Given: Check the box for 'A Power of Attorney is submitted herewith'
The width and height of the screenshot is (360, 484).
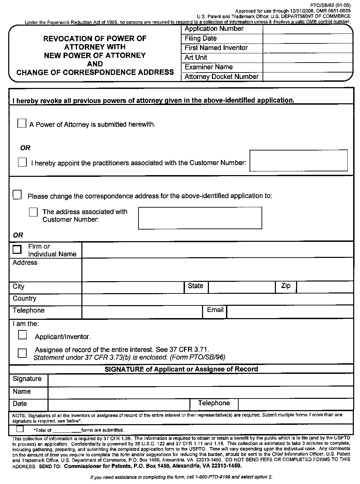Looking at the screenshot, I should pos(22,123).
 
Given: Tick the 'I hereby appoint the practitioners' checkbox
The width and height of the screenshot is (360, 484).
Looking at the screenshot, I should pos(22,162).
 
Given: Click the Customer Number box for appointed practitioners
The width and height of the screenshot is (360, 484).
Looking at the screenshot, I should pos(298,160).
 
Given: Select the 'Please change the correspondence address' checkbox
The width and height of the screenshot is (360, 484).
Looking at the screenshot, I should pos(17,195).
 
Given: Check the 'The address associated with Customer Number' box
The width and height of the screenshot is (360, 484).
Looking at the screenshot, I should pos(33,212).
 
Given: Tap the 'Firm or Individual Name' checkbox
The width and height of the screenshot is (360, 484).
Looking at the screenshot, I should pos(17,249).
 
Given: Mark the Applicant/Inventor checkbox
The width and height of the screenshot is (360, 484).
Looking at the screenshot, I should pos(22,335).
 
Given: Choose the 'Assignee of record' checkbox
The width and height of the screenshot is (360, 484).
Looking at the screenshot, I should pos(22,353).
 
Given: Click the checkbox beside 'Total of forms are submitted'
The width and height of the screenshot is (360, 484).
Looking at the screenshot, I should pos(20,429).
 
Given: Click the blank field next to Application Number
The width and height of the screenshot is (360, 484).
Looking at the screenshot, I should pos(307,29).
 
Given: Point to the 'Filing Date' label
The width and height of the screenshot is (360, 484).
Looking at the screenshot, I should pos(201,38).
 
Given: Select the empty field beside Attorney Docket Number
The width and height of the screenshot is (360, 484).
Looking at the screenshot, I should pos(307,77).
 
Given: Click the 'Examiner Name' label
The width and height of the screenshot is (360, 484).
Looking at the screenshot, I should pos(209,67).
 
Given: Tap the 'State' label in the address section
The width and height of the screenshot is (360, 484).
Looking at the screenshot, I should pos(196,286).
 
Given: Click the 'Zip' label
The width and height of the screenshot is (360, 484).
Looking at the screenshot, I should pos(286,286).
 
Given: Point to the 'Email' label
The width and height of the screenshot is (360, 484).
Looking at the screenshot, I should pos(215,310).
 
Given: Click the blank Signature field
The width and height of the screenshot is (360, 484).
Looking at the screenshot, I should pos(200,380).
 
